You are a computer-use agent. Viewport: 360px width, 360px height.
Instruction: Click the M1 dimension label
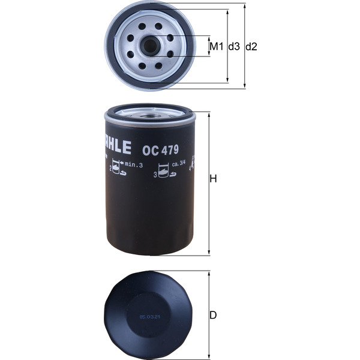216,47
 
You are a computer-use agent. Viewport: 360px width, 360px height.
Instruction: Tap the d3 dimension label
234,47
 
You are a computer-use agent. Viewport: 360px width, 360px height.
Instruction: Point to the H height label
213,180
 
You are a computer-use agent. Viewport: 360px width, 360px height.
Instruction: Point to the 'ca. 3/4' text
180,164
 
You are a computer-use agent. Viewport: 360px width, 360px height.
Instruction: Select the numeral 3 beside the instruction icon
155,175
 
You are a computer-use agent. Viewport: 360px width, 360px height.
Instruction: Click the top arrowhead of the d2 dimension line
245,6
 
